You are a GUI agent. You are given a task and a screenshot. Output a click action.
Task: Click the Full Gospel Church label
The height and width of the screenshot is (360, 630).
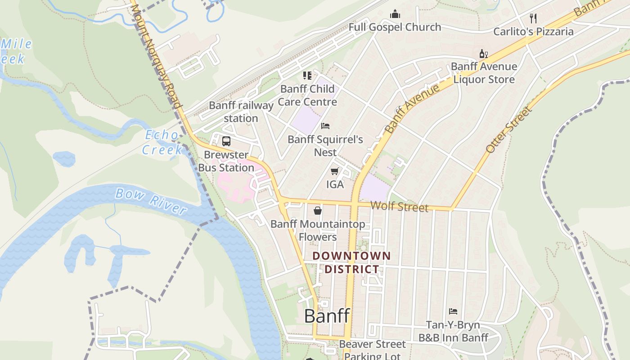pyautogui.click(x=395, y=27)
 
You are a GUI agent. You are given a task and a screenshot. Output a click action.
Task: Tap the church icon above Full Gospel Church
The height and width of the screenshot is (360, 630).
pyautogui.click(x=395, y=14)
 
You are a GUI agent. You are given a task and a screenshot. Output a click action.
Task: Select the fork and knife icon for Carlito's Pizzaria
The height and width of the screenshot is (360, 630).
pyautogui.click(x=533, y=18)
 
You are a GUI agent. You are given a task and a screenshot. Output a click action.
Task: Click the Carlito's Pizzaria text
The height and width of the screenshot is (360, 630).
pyautogui.click(x=533, y=31)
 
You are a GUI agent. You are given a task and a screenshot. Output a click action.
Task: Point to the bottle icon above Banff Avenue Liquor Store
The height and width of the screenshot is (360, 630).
pyautogui.click(x=483, y=54)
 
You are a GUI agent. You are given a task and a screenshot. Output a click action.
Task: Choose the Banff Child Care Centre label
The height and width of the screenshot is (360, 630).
pyautogui.click(x=307, y=95)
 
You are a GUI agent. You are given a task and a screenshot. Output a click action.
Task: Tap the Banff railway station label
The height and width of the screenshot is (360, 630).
pyautogui.click(x=241, y=112)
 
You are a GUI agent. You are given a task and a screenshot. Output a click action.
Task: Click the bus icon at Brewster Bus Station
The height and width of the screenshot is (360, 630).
pyautogui.click(x=226, y=141)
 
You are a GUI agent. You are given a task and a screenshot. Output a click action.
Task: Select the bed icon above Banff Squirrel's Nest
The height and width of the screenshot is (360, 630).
pyautogui.click(x=325, y=126)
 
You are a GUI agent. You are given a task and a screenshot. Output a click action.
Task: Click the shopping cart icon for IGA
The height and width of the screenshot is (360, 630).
pyautogui.click(x=334, y=171)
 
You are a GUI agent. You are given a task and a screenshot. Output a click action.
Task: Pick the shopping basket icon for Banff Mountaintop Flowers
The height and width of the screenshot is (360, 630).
pyautogui.click(x=318, y=211)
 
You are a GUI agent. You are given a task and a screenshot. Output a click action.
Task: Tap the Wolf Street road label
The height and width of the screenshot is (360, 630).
pyautogui.click(x=399, y=207)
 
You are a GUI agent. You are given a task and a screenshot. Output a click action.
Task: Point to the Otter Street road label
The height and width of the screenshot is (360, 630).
pyautogui.click(x=509, y=130)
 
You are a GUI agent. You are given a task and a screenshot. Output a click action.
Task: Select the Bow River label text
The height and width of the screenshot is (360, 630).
pyautogui.click(x=150, y=201)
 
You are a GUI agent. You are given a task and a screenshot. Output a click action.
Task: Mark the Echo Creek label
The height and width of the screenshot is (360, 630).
pyautogui.click(x=162, y=142)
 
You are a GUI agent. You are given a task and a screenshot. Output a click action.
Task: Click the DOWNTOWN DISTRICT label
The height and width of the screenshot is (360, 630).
pyautogui.click(x=352, y=263)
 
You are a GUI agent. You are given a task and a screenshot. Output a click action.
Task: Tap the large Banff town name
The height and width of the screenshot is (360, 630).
pyautogui.click(x=327, y=316)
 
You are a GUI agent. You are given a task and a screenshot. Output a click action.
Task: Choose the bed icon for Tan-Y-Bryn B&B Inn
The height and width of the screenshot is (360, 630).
pyautogui.click(x=453, y=311)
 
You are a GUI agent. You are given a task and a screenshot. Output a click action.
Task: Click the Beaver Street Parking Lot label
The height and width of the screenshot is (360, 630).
pyautogui.click(x=372, y=350)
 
